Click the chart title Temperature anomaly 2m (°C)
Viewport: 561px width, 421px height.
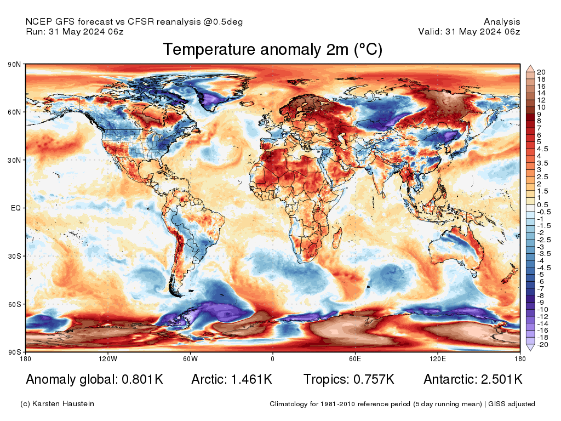point(272,50)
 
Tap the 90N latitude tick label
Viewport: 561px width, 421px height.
point(14,65)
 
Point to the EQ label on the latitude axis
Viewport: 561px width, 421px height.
point(16,208)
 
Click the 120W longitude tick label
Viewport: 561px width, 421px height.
point(108,359)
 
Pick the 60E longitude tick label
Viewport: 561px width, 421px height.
point(355,359)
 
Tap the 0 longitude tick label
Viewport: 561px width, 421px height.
point(272,359)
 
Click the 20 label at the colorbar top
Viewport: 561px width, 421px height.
point(541,72)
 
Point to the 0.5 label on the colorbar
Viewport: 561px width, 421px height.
point(542,205)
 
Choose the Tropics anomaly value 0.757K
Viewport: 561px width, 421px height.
point(372,379)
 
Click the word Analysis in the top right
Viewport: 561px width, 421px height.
point(502,22)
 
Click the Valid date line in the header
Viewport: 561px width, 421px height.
point(469,32)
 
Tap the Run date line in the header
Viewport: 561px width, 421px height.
point(75,32)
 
